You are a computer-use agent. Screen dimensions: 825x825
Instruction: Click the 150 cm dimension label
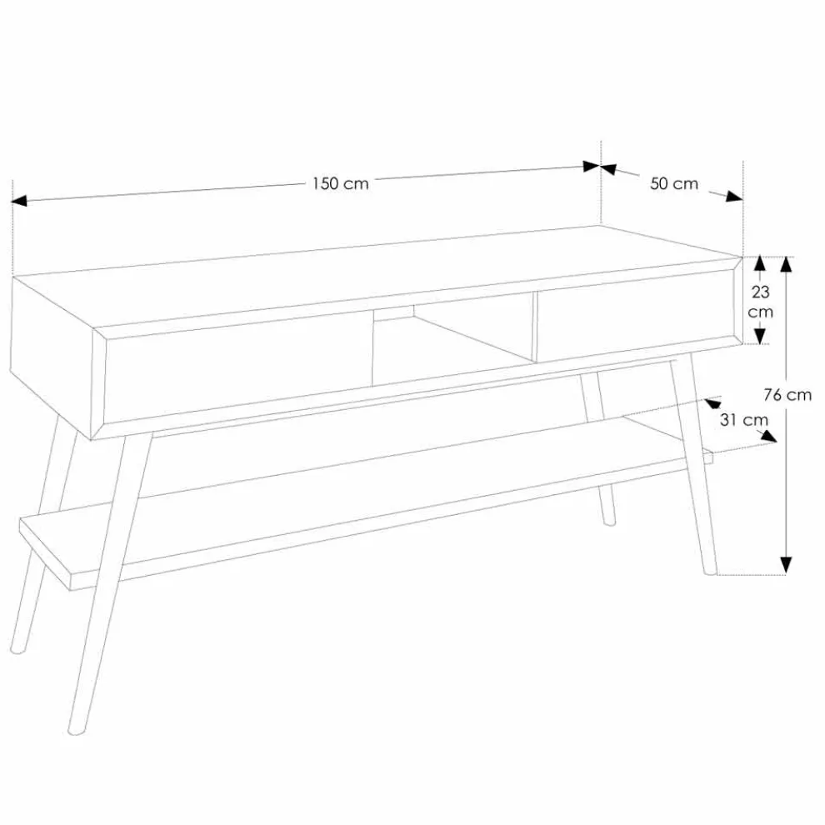pyautogui.click(x=341, y=183)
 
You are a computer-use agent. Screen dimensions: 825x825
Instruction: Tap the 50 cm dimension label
pyautogui.click(x=674, y=183)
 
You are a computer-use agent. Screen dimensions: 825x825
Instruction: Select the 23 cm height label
pyautogui.click(x=760, y=302)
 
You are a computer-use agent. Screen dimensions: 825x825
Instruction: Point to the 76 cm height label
pyautogui.click(x=787, y=395)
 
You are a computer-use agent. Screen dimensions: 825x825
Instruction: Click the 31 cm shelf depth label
pyautogui.click(x=743, y=420)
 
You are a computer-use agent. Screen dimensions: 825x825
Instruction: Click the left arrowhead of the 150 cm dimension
pyautogui.click(x=19, y=201)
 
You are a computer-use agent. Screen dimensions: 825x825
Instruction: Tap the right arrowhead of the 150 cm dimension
pyautogui.click(x=592, y=167)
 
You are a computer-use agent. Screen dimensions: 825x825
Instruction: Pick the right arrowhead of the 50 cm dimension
pyautogui.click(x=734, y=197)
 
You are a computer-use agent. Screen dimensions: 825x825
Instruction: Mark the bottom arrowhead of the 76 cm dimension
pyautogui.click(x=786, y=565)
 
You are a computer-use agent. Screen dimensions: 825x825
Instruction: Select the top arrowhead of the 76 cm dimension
pyautogui.click(x=786, y=265)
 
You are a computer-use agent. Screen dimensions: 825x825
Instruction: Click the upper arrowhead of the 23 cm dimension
pyautogui.click(x=759, y=264)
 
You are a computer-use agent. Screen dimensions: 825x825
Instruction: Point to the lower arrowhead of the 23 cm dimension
pyautogui.click(x=759, y=336)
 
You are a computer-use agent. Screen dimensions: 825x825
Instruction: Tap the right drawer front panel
pyautogui.click(x=637, y=315)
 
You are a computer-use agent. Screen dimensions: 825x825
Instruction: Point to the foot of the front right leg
pyautogui.click(x=710, y=572)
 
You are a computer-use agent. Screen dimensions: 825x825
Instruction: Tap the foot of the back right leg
pyautogui.click(x=609, y=522)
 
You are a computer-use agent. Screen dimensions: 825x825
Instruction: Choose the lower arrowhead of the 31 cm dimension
pyautogui.click(x=769, y=436)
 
